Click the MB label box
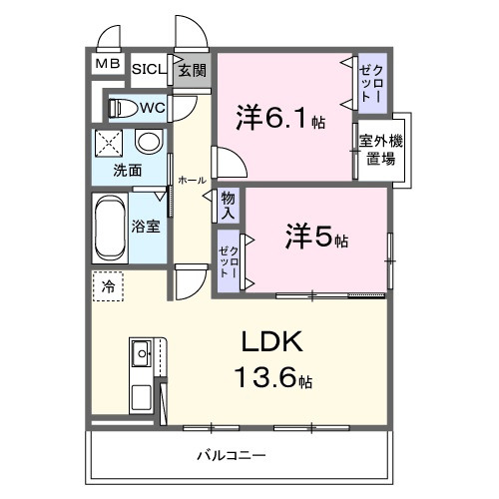pos(106,65)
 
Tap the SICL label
pos(150,69)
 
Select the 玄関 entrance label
pos(192,70)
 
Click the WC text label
pos(152,107)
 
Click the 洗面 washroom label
pos(126,170)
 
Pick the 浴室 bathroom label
pos(147,226)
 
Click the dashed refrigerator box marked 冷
pos(108,286)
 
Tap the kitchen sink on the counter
pos(140,352)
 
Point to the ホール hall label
pos(192,180)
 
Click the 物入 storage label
pos(229,206)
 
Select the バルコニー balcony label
pos(232,455)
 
